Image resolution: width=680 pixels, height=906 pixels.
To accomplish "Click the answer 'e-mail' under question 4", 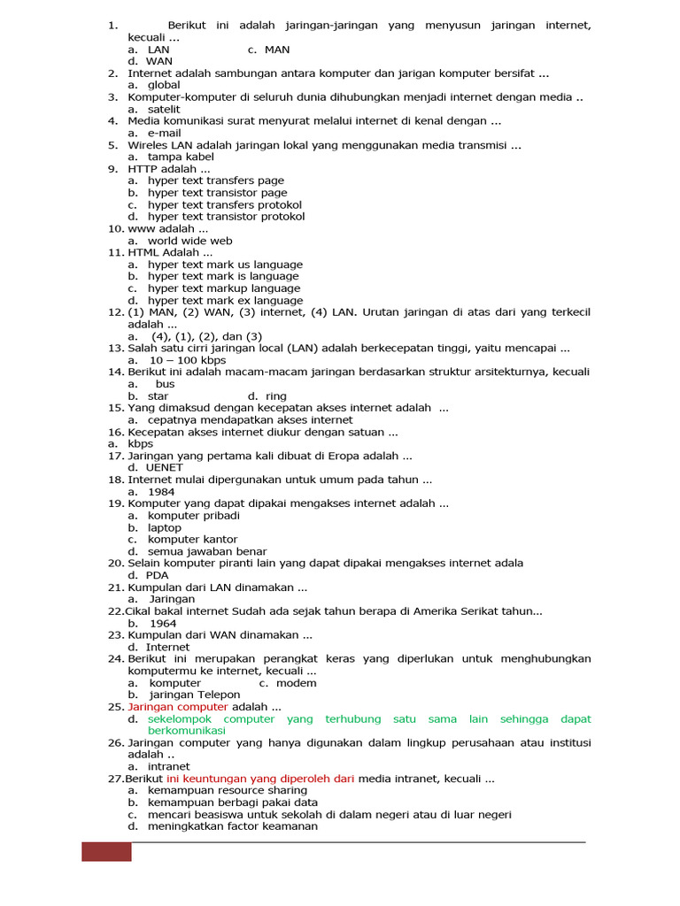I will (x=164, y=133).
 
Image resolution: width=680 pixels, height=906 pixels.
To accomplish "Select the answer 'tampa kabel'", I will (x=181, y=157).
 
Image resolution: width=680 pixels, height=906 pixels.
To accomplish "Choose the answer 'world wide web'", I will (x=189, y=241).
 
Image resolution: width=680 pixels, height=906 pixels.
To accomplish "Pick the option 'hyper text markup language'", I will (x=224, y=288).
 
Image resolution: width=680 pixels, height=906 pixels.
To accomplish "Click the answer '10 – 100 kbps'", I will (x=188, y=360).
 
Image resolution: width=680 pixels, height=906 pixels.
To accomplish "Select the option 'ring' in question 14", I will (x=276, y=396).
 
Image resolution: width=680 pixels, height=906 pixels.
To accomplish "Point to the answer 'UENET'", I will (x=165, y=468).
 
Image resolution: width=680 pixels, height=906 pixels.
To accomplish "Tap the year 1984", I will (x=161, y=492).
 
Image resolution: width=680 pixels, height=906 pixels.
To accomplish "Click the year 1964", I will (x=163, y=623).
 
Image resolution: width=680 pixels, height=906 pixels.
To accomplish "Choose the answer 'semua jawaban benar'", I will (x=207, y=551).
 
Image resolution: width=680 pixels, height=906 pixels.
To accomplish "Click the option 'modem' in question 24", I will (x=296, y=683).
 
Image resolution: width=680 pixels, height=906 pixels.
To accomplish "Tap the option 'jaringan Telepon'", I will (x=194, y=695).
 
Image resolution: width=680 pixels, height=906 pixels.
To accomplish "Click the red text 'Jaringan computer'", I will (x=178, y=707).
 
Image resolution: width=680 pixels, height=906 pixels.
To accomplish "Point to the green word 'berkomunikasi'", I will (x=187, y=731).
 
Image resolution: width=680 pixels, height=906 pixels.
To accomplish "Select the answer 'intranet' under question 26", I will (x=168, y=766).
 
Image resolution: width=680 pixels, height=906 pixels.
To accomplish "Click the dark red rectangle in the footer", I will (x=106, y=852).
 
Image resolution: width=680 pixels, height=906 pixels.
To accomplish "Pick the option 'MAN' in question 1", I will (x=276, y=50).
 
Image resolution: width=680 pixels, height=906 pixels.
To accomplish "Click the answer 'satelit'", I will (x=164, y=109).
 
